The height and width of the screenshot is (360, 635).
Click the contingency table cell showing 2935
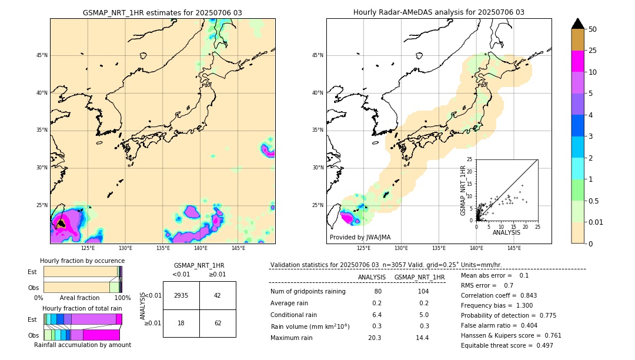click(x=181, y=295)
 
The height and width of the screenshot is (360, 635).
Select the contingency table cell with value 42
click(x=218, y=295)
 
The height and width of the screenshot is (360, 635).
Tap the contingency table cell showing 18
click(x=181, y=323)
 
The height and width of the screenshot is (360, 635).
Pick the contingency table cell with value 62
click(x=218, y=323)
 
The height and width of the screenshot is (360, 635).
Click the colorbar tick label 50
click(x=593, y=29)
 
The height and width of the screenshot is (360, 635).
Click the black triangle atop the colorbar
click(x=578, y=24)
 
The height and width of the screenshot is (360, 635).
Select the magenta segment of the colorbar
click(x=578, y=61)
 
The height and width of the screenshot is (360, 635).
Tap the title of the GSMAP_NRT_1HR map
click(x=162, y=12)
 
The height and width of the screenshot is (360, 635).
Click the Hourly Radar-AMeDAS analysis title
click(x=439, y=12)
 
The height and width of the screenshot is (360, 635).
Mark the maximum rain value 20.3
click(x=375, y=338)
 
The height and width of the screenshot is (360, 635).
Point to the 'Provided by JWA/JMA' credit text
click(x=360, y=238)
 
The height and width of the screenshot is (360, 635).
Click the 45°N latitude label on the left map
click(x=42, y=55)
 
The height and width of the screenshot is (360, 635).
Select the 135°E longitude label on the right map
click(x=439, y=248)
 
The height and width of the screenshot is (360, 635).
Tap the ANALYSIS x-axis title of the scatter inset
click(x=506, y=233)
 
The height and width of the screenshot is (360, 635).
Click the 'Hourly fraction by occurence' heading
click(x=82, y=261)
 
